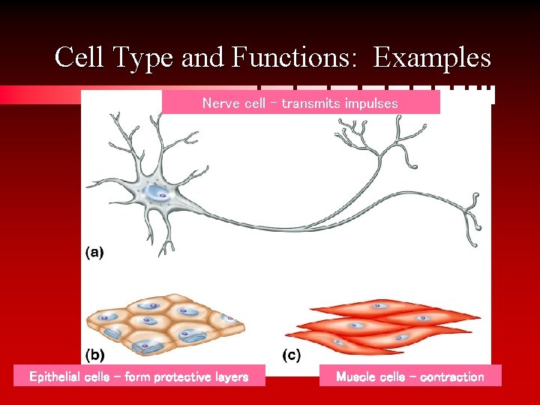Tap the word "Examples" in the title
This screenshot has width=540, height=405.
(433, 58)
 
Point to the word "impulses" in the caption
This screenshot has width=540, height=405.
(371, 103)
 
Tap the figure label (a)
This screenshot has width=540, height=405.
(94, 253)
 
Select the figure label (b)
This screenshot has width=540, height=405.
(95, 352)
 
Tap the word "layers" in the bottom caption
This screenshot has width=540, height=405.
(231, 376)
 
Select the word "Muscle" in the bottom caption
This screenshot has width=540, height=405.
(355, 376)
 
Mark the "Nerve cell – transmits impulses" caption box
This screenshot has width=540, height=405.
(301, 103)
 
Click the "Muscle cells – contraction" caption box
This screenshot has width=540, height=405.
(409, 376)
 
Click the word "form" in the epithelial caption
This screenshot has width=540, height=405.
(139, 376)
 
